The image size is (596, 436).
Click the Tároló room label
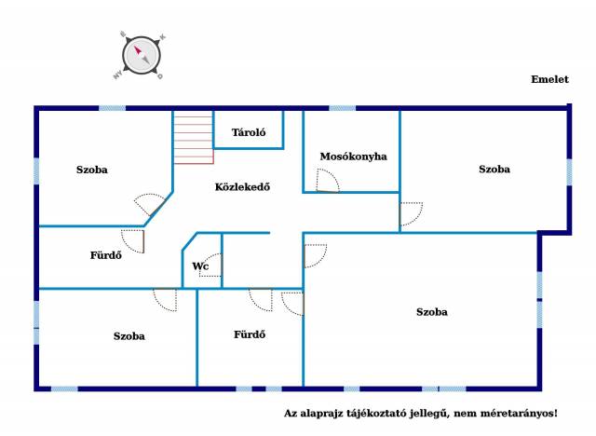tap(249, 132)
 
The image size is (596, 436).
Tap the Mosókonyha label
tap(354, 157)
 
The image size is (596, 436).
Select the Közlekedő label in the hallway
tap(242, 186)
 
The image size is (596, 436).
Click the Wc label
tap(200, 266)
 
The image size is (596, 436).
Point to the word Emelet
tap(549, 79)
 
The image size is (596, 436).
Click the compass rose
tap(141, 56)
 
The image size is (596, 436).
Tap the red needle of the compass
tap(137, 49)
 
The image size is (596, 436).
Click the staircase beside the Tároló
tap(194, 137)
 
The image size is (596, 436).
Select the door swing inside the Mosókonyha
tap(327, 181)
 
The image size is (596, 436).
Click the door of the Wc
tap(210, 265)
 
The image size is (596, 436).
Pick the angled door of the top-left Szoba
tap(151, 205)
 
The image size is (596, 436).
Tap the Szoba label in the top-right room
tap(494, 170)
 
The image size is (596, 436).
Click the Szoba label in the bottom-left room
tap(129, 336)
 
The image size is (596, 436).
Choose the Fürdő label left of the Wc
tap(105, 255)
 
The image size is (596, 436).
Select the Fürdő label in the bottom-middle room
tap(250, 334)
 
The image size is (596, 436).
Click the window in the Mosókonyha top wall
tap(342, 108)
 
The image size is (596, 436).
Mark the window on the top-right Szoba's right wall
tap(569, 171)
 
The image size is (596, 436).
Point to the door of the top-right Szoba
tap(411, 214)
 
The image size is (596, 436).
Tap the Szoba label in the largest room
tap(432, 312)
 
